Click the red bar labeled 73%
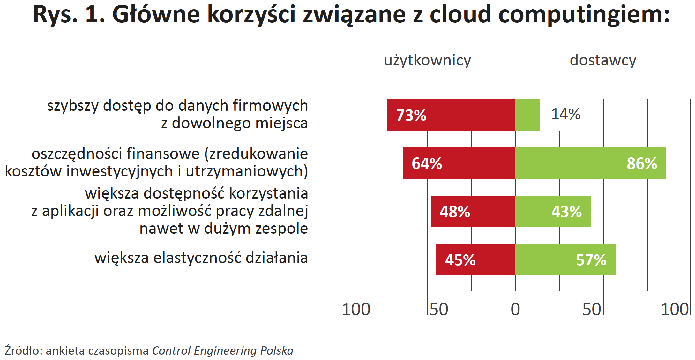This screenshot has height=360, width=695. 451,115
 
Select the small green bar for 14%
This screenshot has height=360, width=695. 527,115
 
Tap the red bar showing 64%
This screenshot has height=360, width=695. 459,163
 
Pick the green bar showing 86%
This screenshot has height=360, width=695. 591,163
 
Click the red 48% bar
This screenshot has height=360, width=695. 473,212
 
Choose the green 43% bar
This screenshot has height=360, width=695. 553,212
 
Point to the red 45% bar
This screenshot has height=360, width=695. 476,260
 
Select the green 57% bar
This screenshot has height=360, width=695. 565,260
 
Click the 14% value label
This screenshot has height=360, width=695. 566,114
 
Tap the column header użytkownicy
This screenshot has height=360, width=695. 428,61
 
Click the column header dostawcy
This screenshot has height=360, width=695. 603,60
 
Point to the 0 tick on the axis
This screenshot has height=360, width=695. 515,309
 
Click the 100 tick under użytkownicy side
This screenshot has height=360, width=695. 356,309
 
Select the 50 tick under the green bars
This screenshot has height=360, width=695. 592,309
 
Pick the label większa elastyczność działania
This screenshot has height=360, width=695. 201,258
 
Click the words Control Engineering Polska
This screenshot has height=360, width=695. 223,350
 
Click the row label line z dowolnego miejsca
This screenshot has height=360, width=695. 235,123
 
